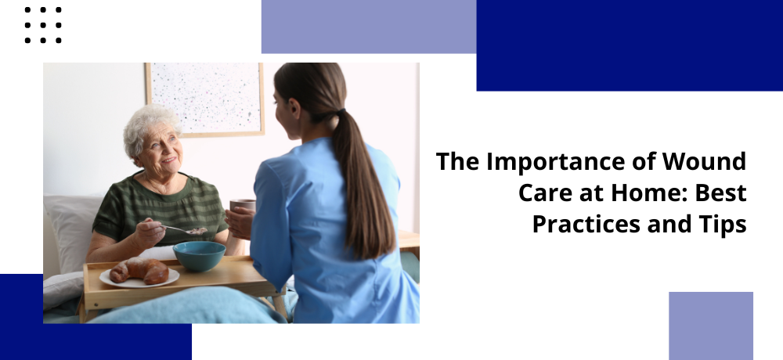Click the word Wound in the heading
click(704, 162)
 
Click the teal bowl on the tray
click(199, 256)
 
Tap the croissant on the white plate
click(139, 271)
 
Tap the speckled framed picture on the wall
click(204, 99)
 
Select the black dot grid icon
click(43, 25)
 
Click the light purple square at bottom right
click(711, 326)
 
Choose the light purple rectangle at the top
click(369, 27)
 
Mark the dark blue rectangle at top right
click(630, 45)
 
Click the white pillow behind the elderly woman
click(72, 232)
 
